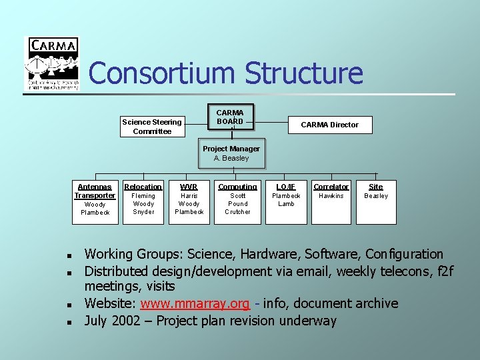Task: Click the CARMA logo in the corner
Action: [x=52, y=63]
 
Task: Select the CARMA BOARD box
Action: [x=230, y=117]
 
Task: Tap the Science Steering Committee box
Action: [x=152, y=127]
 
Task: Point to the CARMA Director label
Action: [x=329, y=125]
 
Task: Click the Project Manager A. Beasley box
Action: [x=231, y=153]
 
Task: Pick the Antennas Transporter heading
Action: [x=95, y=191]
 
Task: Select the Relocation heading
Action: [x=143, y=187]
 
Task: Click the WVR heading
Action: [x=189, y=187]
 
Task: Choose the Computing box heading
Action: [x=237, y=187]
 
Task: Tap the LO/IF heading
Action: [x=286, y=187]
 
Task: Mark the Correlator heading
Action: [x=331, y=187]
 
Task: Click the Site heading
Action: [x=376, y=187]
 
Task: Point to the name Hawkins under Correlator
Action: [x=331, y=196]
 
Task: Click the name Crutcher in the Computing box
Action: [x=237, y=212]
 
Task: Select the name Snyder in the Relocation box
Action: [x=143, y=212]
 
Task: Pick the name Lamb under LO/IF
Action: [x=286, y=204]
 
